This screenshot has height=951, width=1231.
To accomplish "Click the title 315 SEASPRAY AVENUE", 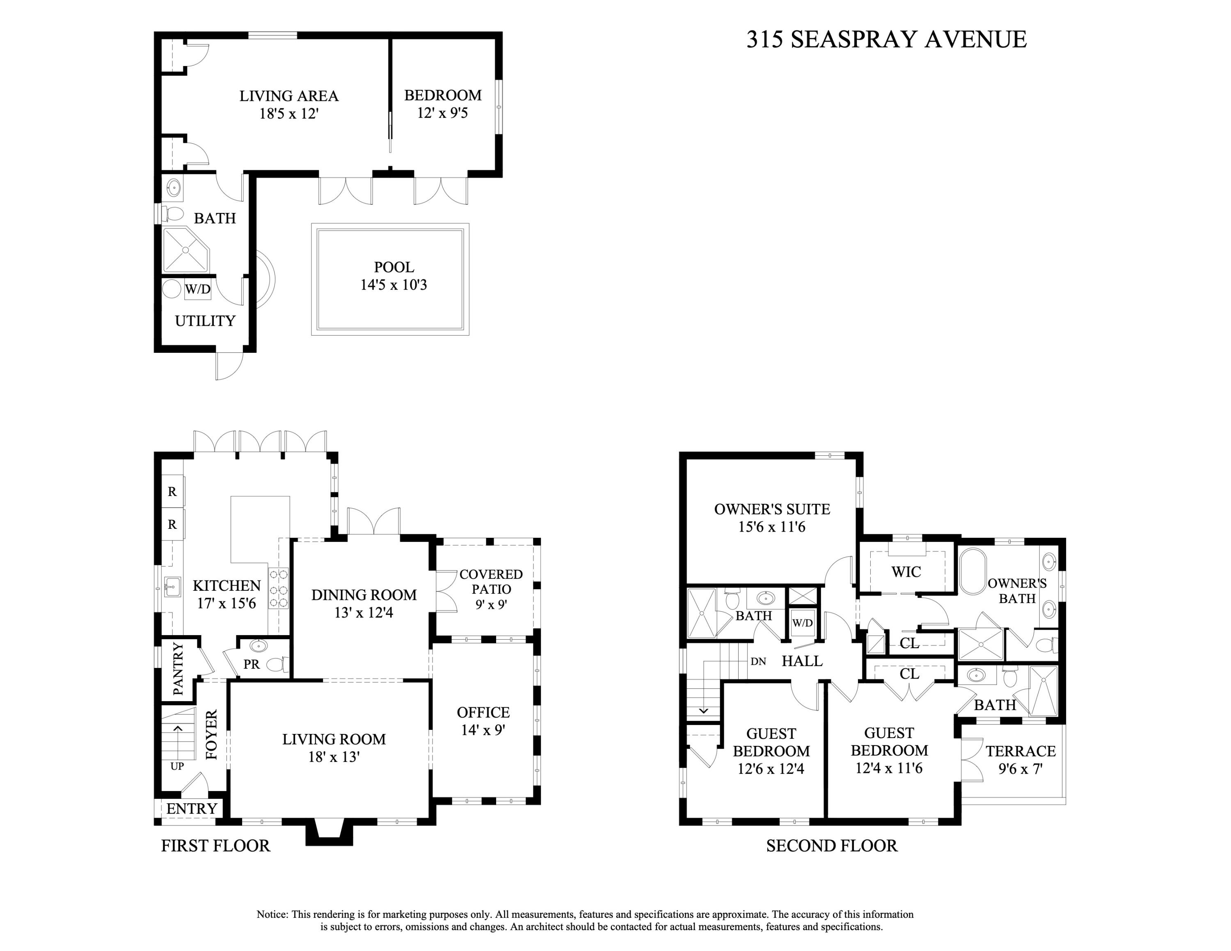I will pyautogui.click(x=886, y=39).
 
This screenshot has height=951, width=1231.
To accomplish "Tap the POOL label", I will pyautogui.click(x=394, y=267).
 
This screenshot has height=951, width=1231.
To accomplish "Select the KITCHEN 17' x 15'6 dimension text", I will pyautogui.click(x=226, y=604).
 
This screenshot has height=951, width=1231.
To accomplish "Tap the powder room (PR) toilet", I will pyautogui.click(x=277, y=665).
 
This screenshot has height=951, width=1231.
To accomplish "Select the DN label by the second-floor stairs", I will pyautogui.click(x=758, y=661).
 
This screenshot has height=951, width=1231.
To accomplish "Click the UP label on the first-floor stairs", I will pyautogui.click(x=177, y=766).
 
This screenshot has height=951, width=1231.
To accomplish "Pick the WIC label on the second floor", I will pyautogui.click(x=906, y=572).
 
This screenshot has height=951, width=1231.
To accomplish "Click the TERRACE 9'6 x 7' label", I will pyautogui.click(x=1020, y=759).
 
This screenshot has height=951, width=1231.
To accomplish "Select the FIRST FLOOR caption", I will pyautogui.click(x=215, y=846).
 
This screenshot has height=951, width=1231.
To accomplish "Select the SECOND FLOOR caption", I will pyautogui.click(x=831, y=846).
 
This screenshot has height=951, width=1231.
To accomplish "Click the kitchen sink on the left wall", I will pyautogui.click(x=172, y=587).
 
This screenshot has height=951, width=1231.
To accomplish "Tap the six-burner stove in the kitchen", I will pyautogui.click(x=279, y=589).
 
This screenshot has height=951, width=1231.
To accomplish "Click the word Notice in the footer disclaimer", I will pyautogui.click(x=272, y=914).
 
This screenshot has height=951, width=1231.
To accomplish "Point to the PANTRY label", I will pyautogui.click(x=178, y=669).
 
